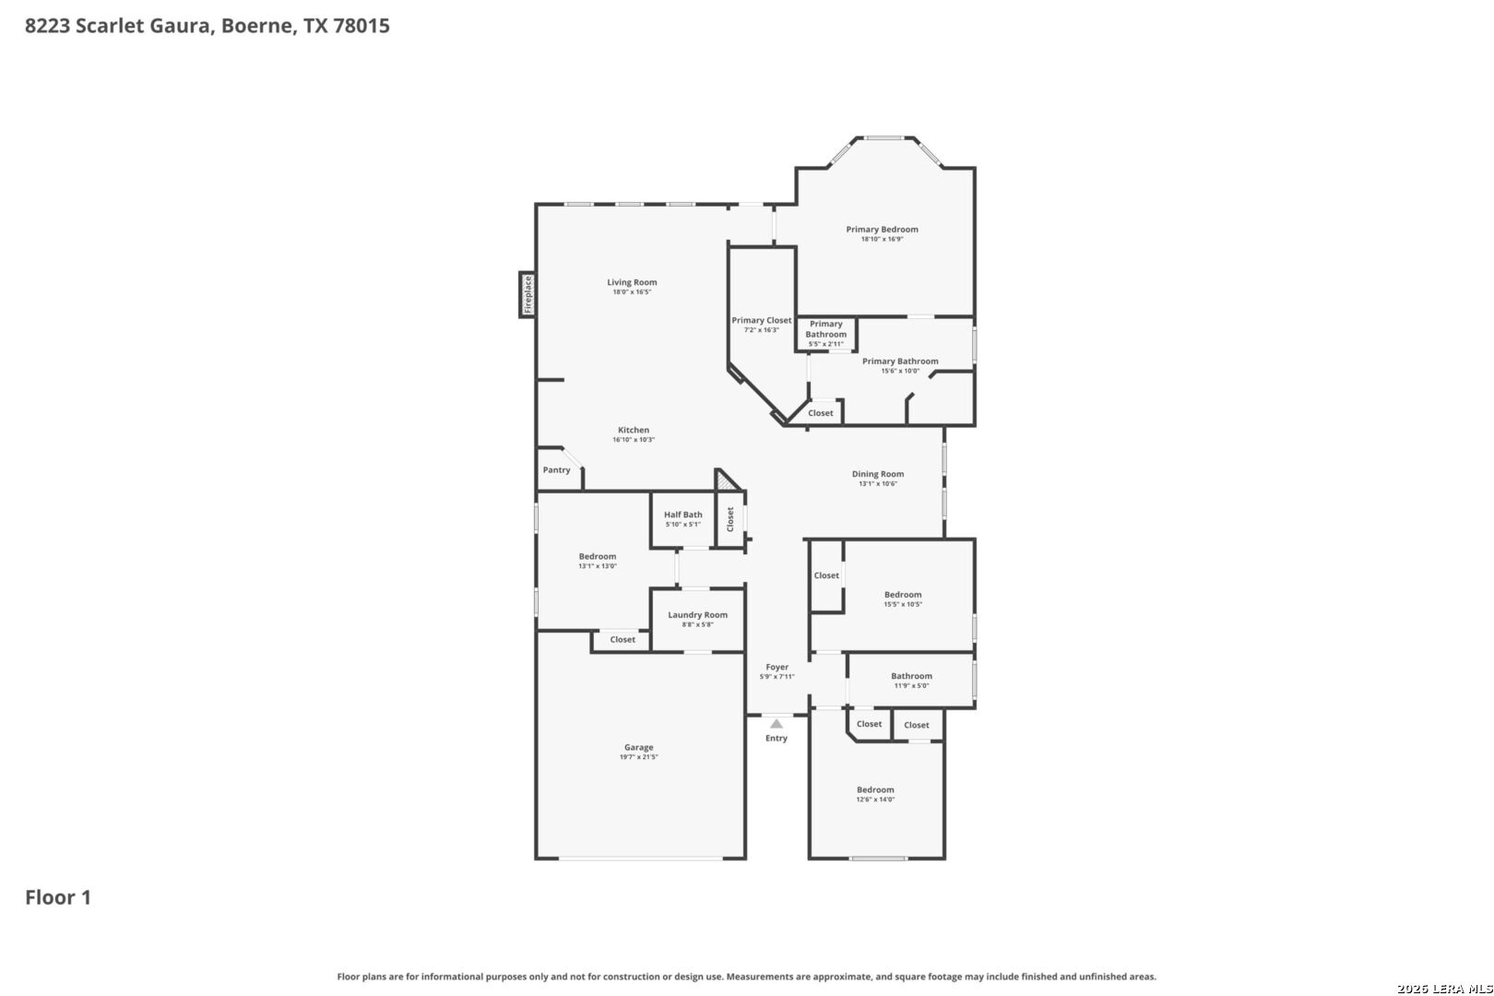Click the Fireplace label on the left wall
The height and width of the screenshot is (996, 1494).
coord(528,295)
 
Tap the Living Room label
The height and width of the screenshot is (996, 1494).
coord(632,282)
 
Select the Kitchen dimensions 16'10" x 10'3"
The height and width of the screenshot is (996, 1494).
coord(634,440)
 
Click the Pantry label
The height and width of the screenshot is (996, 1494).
coord(556,470)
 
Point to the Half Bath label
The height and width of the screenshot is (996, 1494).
coord(683,515)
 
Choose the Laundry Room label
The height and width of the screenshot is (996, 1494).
coord(697,615)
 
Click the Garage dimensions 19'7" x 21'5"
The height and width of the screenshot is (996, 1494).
coord(638,757)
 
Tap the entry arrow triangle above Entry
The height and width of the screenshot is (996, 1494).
coord(777,724)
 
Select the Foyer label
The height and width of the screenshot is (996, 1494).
coord(777,667)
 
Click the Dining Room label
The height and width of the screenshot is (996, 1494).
coord(878,474)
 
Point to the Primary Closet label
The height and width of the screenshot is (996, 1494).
coord(761,320)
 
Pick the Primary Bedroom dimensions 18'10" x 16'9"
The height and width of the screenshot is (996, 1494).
coord(882,239)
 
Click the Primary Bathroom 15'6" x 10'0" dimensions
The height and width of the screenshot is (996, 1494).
coord(900,371)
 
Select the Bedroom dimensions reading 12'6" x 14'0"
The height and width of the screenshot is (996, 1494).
coord(875,800)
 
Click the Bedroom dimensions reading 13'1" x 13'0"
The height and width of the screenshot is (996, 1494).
coord(597,566)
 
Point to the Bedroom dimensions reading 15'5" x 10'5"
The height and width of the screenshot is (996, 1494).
coord(903,604)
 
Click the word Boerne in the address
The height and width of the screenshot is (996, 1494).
coord(256,26)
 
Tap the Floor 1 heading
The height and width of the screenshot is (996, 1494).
coord(58,897)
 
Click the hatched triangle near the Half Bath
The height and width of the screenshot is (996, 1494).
coord(724,481)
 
